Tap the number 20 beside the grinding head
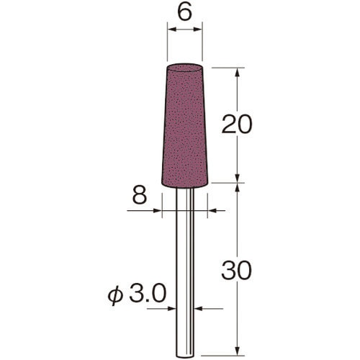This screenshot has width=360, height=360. [237, 124]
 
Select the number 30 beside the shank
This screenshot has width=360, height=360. [237, 270]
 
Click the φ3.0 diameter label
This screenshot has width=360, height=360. [137, 294]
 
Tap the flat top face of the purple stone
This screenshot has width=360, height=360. [184, 68]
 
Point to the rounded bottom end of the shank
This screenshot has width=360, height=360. [185, 355]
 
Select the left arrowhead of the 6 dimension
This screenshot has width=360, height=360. [172, 30]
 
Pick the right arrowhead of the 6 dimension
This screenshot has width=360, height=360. [198, 30]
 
